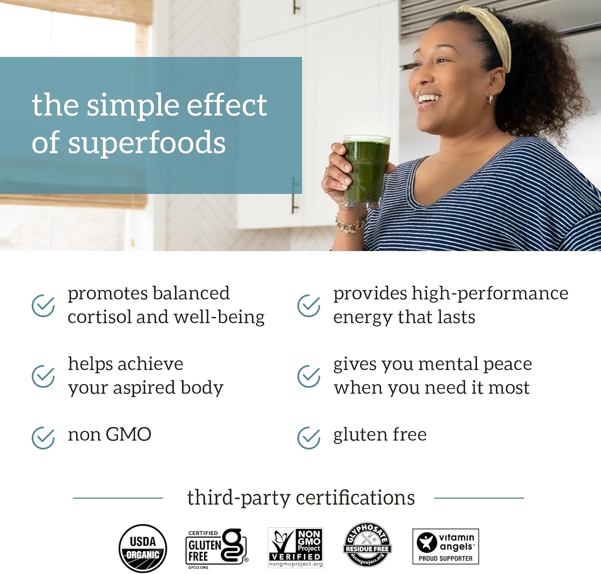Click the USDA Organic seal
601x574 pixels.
click(143, 548)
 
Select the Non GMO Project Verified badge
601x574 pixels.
click(296, 547)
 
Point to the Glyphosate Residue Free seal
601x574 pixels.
click(367, 544)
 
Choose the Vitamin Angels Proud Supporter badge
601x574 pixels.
click(446, 546)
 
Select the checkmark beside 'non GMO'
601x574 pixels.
click(43, 437)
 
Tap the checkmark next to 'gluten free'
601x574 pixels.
click(309, 437)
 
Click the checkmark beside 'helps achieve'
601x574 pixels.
click(43, 376)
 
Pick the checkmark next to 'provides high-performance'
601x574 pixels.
click(309, 306)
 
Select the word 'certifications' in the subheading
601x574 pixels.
click(355, 498)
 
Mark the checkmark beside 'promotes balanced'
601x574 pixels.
click(43, 306)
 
